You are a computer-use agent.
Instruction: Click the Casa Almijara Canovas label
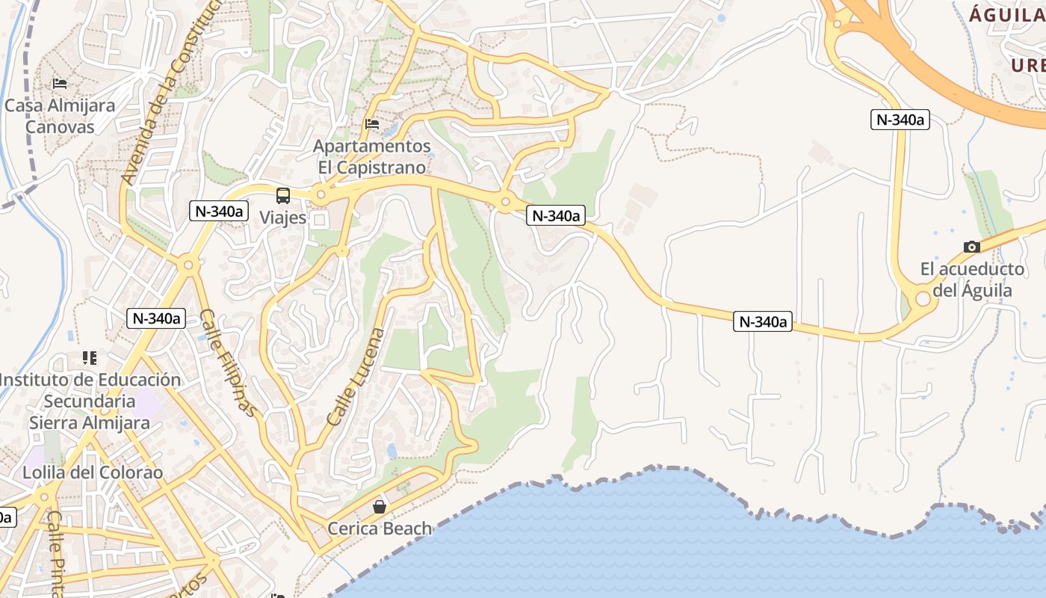point(60,116)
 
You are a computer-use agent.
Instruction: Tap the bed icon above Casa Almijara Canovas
point(60,83)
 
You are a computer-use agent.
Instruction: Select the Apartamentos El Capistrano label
point(371,156)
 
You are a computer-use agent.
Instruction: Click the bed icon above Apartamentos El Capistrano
point(371,123)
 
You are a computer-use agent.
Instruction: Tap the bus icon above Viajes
point(283,196)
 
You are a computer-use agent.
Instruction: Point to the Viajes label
point(283,218)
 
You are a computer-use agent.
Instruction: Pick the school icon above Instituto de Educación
point(90,358)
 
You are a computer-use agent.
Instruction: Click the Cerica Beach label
point(380,528)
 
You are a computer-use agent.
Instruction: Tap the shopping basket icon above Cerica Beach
point(380,507)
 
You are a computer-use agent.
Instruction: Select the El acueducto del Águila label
point(972,279)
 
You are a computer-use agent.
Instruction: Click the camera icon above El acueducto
point(972,247)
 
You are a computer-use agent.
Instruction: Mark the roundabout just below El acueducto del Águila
point(923,299)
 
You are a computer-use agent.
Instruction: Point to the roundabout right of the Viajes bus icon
point(321,195)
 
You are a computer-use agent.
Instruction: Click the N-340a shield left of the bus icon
point(220,212)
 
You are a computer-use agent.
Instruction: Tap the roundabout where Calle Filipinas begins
point(188,264)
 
